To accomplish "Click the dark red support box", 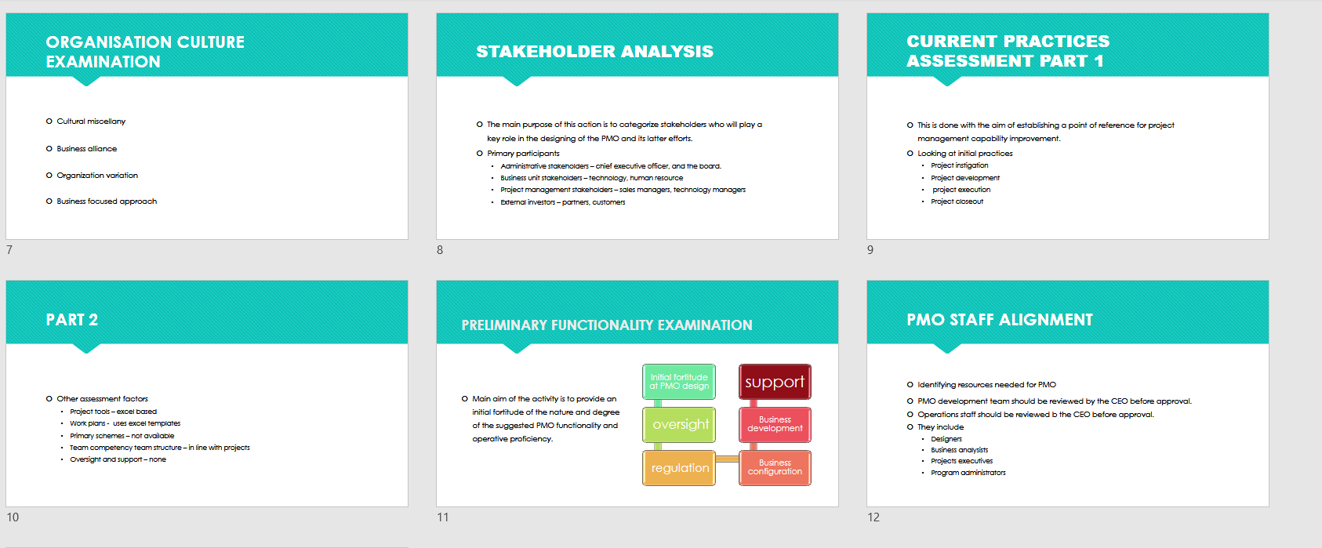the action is pyautogui.click(x=775, y=382).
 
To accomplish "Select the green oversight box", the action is pyautogui.click(x=679, y=425).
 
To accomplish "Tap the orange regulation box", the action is pyautogui.click(x=679, y=468).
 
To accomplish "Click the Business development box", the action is pyautogui.click(x=775, y=425).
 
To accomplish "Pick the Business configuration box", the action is pyautogui.click(x=775, y=468).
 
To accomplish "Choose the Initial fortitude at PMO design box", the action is pyautogui.click(x=679, y=382).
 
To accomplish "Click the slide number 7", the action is pyautogui.click(x=9, y=250).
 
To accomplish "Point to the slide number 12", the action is pyautogui.click(x=873, y=517).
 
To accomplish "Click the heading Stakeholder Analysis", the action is pyautogui.click(x=595, y=52).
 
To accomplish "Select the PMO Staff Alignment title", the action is pyautogui.click(x=1000, y=320).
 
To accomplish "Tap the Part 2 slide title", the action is pyautogui.click(x=72, y=320).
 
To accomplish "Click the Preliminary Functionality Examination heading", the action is pyautogui.click(x=607, y=325).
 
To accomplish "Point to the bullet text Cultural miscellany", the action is pyautogui.click(x=91, y=122).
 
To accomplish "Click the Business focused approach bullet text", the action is pyautogui.click(x=107, y=201).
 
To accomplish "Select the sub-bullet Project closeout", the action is pyautogui.click(x=957, y=201).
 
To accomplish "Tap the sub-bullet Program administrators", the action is pyautogui.click(x=968, y=473).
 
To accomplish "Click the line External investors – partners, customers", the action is pyautogui.click(x=562, y=202).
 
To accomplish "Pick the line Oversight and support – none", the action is pyautogui.click(x=118, y=459).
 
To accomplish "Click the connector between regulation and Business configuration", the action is pyautogui.click(x=727, y=459).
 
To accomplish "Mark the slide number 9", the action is pyautogui.click(x=870, y=250).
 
